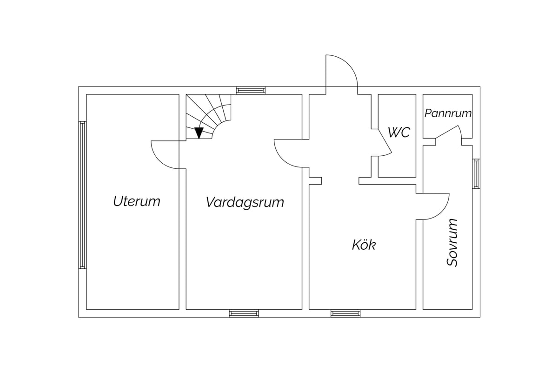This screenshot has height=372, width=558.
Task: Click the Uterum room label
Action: point(137,201)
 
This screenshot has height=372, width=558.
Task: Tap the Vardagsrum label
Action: point(245,202)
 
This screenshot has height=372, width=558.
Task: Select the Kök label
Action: point(364,245)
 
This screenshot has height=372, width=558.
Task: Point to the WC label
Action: point(399,133)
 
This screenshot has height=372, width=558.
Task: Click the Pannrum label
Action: point(448,113)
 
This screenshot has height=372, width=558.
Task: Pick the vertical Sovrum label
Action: point(452,243)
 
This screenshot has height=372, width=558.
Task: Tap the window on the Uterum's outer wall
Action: point(82,195)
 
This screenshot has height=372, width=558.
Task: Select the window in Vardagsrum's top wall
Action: point(251,90)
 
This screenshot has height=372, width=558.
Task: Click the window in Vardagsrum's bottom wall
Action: point(244,313)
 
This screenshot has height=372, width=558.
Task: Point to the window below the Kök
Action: point(345,313)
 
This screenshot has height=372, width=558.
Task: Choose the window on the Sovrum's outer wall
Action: point(476,173)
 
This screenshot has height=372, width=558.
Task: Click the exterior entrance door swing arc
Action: point(349,64)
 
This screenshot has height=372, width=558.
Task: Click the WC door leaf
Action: point(385,141)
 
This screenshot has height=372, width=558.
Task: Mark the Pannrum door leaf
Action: point(447,132)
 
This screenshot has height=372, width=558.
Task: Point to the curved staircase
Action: point(208,116)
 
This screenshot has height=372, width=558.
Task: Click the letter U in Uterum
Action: point(118,201)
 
